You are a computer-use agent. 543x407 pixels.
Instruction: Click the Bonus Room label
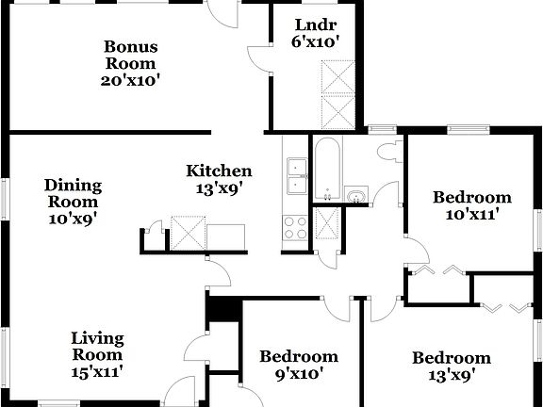click(131, 55)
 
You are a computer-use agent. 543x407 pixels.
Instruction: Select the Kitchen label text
click(219, 171)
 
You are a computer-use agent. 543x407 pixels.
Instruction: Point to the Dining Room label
click(74, 193)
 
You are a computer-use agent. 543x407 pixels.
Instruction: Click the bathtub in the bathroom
click(328, 171)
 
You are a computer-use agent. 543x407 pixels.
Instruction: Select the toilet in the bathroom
click(387, 151)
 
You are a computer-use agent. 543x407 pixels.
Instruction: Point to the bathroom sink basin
click(355, 195)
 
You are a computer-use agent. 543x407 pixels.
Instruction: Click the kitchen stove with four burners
click(294, 227)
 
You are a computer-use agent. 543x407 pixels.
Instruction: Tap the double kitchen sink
click(295, 176)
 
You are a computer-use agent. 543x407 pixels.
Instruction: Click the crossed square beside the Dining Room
click(188, 232)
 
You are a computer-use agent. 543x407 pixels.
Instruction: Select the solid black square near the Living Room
click(222, 309)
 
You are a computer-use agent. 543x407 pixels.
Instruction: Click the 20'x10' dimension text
click(131, 80)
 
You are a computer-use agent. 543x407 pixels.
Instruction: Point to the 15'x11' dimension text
click(97, 371)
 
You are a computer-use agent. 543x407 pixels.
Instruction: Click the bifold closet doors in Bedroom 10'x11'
click(439, 270)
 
